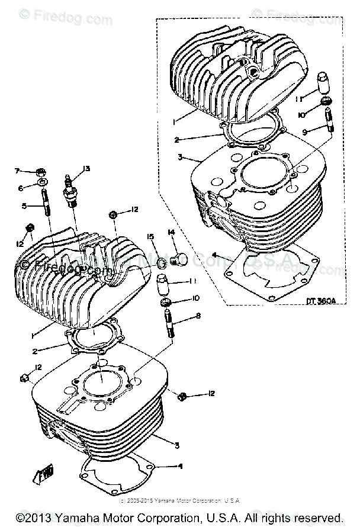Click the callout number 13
(x=86, y=169)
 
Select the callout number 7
(x=18, y=171)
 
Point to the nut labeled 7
(x=41, y=172)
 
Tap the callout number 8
(x=198, y=316)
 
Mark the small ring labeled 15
(x=161, y=261)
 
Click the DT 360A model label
(x=322, y=300)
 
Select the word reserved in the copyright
(x=317, y=518)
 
